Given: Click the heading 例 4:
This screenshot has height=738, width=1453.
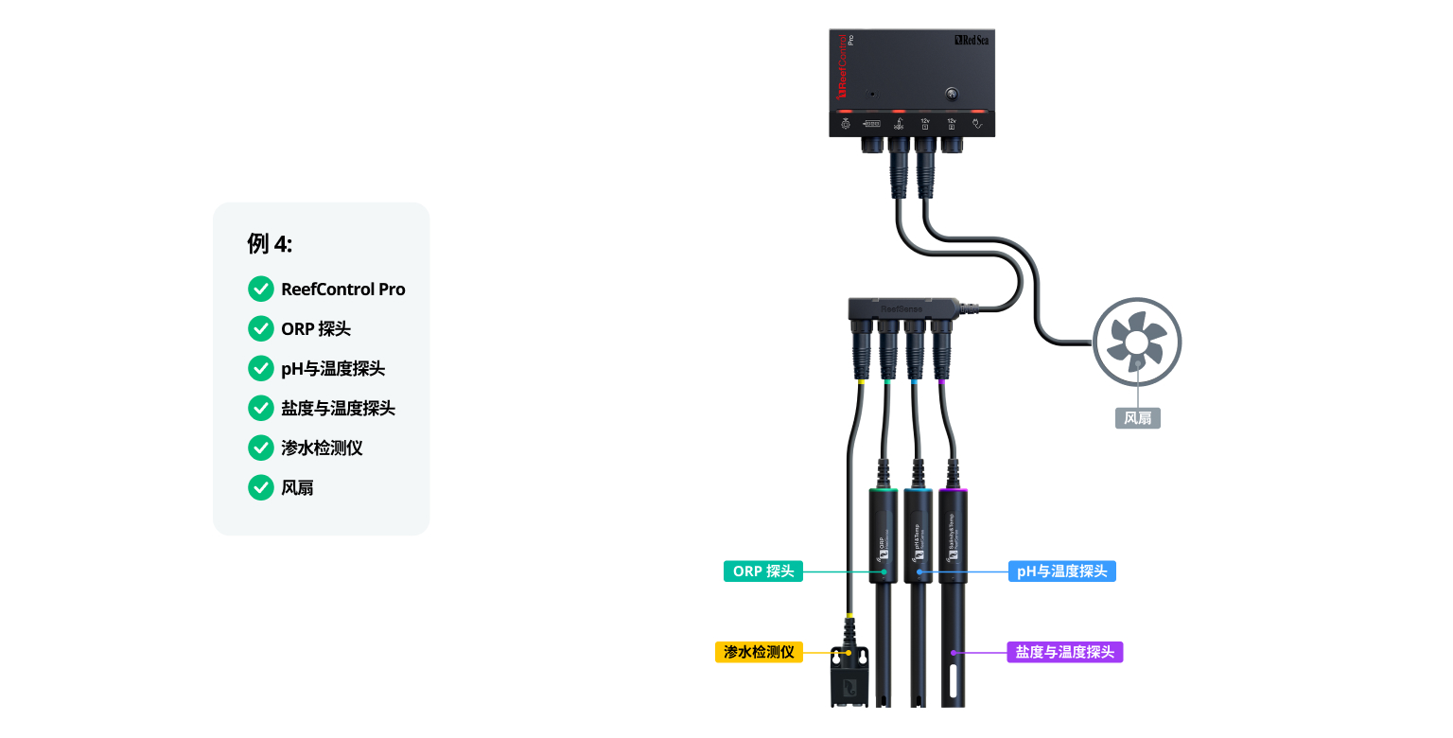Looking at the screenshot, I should click(270, 244).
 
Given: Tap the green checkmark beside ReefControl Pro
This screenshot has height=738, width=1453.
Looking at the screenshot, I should click(260, 290).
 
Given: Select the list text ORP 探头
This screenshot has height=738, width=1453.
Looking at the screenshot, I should click(316, 329).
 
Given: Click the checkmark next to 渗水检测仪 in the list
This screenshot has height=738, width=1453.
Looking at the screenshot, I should click(260, 448).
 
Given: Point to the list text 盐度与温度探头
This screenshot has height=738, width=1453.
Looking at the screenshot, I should click(338, 409).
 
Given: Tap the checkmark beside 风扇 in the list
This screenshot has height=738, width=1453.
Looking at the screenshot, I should click(260, 488).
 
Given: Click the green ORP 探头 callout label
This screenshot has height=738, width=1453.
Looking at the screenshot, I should click(763, 571).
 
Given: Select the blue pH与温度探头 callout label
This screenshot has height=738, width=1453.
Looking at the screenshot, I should click(1061, 571).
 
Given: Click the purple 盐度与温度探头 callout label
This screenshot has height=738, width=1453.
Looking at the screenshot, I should click(1065, 652).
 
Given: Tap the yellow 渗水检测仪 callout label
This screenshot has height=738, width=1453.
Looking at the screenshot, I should click(759, 652).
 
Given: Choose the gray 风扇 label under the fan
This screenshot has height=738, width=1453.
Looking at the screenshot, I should click(1137, 418).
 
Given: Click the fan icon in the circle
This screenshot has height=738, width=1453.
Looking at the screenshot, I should click(1137, 342).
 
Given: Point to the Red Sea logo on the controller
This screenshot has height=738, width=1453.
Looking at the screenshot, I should click(972, 41).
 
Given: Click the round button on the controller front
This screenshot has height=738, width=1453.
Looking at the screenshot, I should click(952, 95).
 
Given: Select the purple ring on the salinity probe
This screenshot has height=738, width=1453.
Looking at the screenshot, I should click(953, 491).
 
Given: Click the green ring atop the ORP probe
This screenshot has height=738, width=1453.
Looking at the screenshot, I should click(884, 491).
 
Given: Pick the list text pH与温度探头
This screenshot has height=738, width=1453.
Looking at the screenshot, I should click(333, 369).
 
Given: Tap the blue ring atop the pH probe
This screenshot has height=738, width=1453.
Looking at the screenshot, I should click(918, 491).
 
